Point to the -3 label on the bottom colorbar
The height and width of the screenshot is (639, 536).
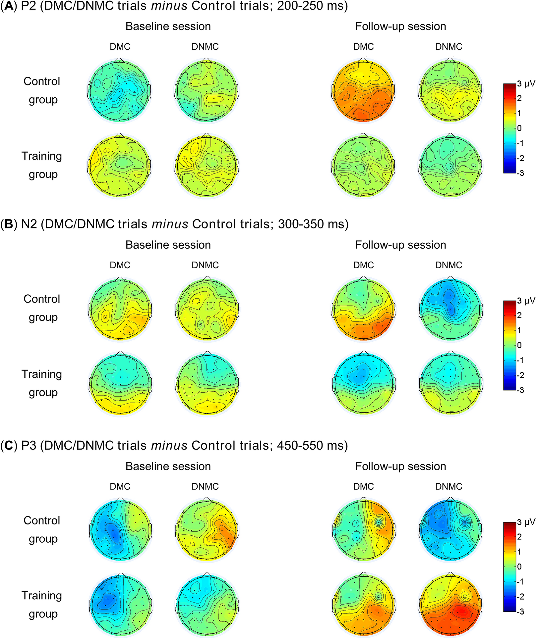click(x=520, y=612)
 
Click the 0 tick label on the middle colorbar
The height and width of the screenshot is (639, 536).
click(x=519, y=345)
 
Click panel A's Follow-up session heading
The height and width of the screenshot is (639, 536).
click(x=400, y=26)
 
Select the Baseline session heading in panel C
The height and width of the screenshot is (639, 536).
click(x=168, y=466)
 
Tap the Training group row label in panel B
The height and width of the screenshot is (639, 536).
click(x=42, y=383)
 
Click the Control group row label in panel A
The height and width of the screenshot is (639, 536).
click(x=42, y=90)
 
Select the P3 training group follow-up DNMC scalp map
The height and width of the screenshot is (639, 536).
click(x=449, y=606)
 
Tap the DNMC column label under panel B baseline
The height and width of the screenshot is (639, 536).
click(x=205, y=265)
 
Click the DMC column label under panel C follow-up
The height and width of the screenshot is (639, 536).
click(x=363, y=486)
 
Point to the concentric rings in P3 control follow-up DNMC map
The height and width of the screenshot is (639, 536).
click(x=465, y=523)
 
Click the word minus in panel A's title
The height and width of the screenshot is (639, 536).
click(x=170, y=6)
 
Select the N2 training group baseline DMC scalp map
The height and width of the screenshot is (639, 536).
click(x=120, y=383)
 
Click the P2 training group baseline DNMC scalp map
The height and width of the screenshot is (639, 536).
click(x=205, y=165)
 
